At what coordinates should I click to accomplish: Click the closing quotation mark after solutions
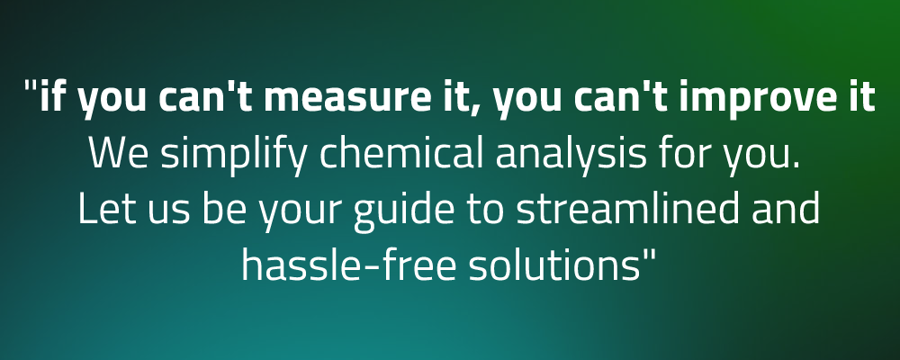point(649,255)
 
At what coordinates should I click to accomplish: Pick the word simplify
point(234,156)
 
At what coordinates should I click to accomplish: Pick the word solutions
point(553,264)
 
